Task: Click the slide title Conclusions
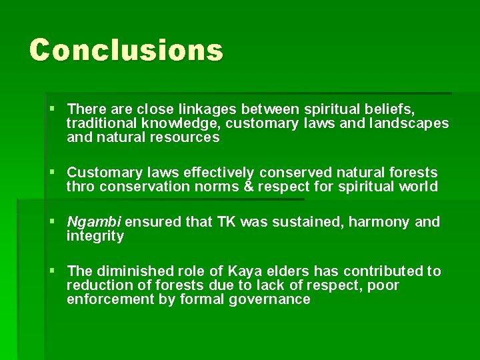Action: (126, 50)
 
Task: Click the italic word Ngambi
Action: (93, 222)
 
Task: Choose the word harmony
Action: (374, 222)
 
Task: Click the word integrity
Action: (95, 237)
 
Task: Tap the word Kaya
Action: (245, 271)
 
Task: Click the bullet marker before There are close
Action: (53, 108)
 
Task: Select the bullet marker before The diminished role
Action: (53, 271)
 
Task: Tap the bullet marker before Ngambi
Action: (53, 222)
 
